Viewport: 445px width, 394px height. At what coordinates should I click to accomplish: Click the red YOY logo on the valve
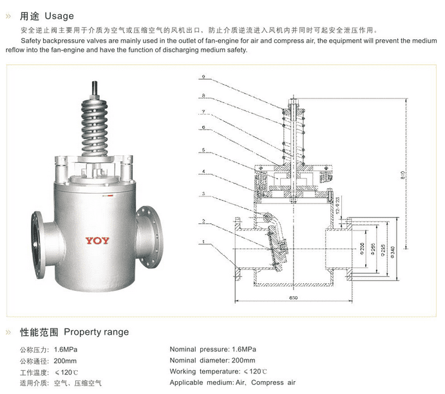click(97, 241)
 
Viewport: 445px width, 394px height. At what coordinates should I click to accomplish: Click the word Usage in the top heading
click(59, 16)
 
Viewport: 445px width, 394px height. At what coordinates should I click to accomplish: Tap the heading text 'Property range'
click(97, 332)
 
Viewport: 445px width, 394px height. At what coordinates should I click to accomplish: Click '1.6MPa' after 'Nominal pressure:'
click(240, 349)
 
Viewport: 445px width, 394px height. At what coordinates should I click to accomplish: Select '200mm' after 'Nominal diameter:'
click(241, 361)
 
